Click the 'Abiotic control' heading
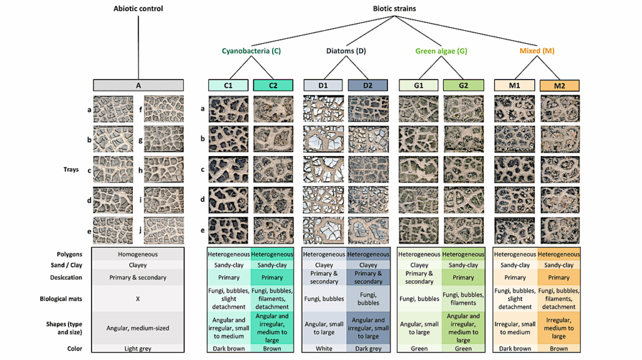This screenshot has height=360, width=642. point(137,9)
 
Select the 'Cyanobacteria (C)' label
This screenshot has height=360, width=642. point(250,51)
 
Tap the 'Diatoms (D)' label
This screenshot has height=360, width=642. point(345,51)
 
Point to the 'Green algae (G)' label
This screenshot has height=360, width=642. point(441,51)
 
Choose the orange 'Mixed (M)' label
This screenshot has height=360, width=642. point(536,51)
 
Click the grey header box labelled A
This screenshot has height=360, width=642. point(138,85)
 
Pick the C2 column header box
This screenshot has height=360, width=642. point(273,85)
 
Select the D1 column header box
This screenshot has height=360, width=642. point(323,85)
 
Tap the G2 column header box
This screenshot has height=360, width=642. point(463,85)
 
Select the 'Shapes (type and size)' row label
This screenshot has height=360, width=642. point(61,328)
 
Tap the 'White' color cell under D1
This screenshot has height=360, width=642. point(324,349)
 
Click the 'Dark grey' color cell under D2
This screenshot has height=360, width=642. point(368,349)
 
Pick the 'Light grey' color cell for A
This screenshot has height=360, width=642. point(138,349)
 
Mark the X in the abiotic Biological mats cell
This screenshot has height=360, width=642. point(138,299)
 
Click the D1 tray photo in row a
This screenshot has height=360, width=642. point(324,109)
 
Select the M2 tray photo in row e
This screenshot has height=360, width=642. point(559,230)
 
